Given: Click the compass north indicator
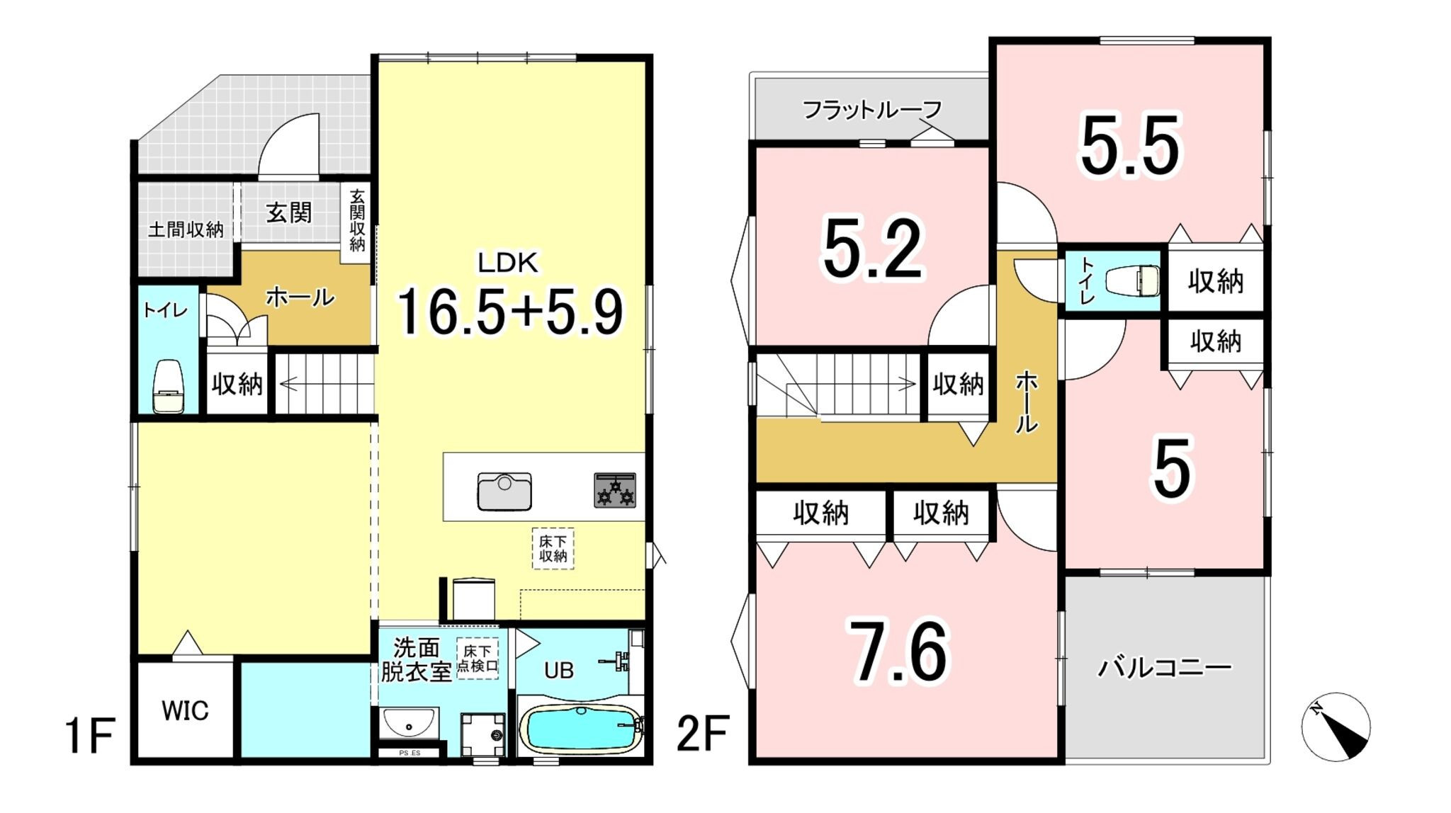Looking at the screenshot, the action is [1336, 727].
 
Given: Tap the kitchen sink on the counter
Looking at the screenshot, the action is [504, 491].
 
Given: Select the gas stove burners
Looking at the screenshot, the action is [615, 490].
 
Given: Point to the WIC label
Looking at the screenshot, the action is [185, 710].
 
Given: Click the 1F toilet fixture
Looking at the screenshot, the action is [169, 386].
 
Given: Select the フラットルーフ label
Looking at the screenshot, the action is [872, 110].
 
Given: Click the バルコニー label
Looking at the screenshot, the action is [1165, 667].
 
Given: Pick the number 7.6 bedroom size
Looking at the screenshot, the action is [900, 652].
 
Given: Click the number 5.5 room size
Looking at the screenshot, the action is [1131, 146].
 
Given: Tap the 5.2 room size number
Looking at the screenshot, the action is [874, 249].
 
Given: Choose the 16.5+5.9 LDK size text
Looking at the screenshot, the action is [509, 312].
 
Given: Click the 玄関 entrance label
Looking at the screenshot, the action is [289, 212].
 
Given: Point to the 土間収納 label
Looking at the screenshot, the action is [186, 229].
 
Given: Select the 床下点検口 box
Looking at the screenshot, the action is [478, 659].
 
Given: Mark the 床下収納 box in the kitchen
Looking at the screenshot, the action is [553, 548].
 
